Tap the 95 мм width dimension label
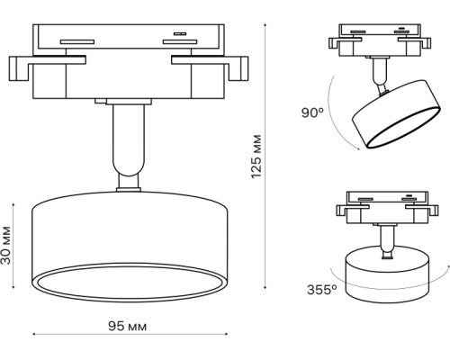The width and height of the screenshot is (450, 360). [127, 325]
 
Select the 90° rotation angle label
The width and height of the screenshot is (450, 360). [313, 112]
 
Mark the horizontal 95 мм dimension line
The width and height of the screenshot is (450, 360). [129, 337]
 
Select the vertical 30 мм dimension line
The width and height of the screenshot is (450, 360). [20, 246]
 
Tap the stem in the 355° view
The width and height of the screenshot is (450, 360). [387, 238]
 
